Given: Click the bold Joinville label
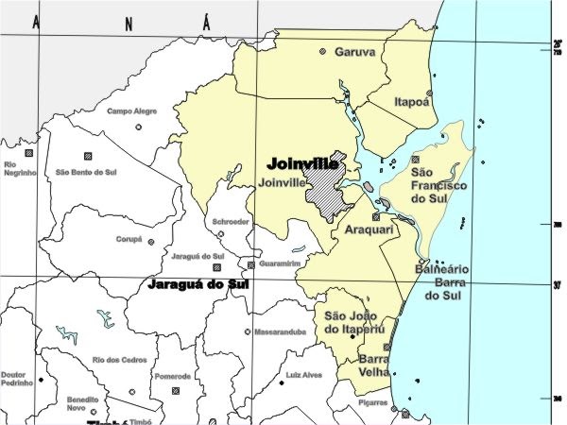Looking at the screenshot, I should click(302, 163).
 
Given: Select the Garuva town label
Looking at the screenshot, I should click(355, 52).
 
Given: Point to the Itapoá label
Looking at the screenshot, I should click(412, 101).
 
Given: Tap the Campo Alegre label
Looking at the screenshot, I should click(131, 111).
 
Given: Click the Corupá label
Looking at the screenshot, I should click(129, 241).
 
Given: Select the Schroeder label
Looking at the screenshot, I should click(232, 222).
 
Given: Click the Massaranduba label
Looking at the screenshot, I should click(279, 332).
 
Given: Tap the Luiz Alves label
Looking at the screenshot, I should click(303, 376).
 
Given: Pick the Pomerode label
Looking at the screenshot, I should click(173, 376).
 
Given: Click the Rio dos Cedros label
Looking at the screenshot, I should click(119, 360).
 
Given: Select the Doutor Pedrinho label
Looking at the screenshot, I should click(14, 380).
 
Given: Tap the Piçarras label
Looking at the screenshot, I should click(372, 403).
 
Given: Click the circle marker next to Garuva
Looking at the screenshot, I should click(323, 51).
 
